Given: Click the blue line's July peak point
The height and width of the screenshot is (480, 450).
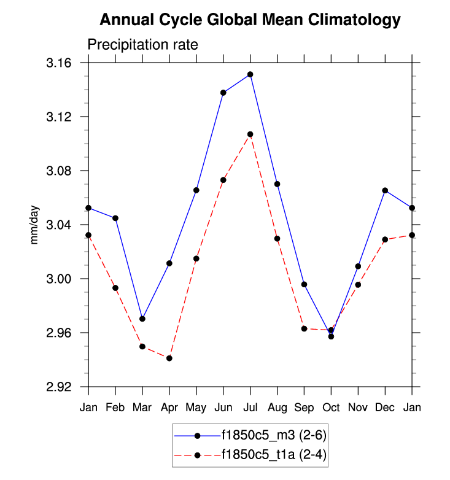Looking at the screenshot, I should click(250, 74).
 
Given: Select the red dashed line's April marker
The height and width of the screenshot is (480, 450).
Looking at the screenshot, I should click(169, 358).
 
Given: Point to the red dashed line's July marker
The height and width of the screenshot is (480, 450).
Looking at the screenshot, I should click(250, 134).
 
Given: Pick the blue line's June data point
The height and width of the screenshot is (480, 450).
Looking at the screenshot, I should click(223, 93).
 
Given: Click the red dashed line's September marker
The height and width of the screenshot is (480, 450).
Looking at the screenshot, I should click(305, 328).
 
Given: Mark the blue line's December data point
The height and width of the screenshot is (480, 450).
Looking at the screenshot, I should click(386, 190).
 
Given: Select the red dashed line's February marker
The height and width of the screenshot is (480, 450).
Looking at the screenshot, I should click(115, 288).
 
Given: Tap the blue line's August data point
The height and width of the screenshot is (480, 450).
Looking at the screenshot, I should click(277, 184).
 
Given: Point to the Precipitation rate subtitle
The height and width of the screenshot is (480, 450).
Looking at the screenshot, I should click(142, 45).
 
